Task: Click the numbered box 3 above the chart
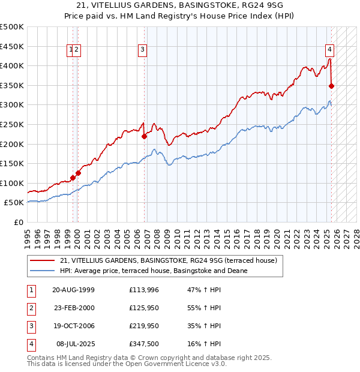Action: click(x=142, y=50)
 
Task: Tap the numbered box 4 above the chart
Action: click(x=330, y=50)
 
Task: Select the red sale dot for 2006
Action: click(x=144, y=136)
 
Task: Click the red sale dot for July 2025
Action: click(x=331, y=86)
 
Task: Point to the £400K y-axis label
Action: click(x=12, y=65)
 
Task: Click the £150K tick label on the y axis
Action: click(x=12, y=163)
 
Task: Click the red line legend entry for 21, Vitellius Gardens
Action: click(x=168, y=260)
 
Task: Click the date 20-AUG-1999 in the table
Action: click(x=73, y=290)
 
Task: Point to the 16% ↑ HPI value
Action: click(x=205, y=344)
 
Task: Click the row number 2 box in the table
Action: click(x=31, y=308)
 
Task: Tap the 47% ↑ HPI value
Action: click(x=205, y=290)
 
